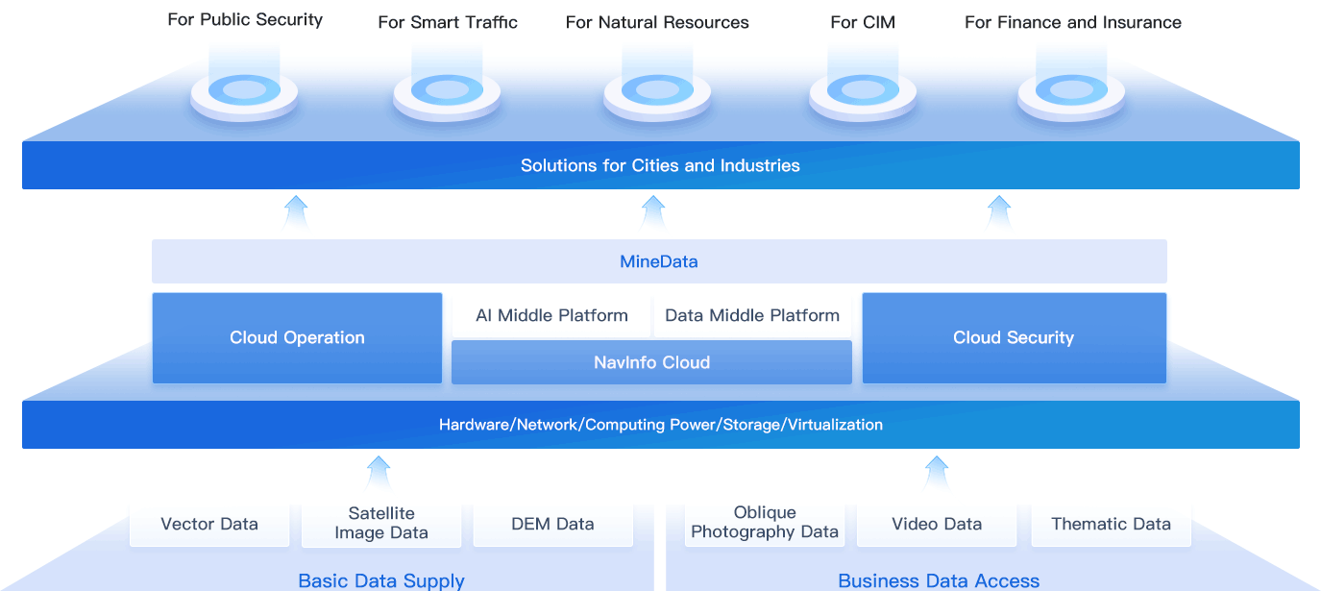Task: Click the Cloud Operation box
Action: pyautogui.click(x=297, y=337)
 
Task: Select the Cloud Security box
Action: pyautogui.click(x=1014, y=337)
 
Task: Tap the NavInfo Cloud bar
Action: pyautogui.click(x=651, y=362)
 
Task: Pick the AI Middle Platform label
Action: pyautogui.click(x=551, y=315)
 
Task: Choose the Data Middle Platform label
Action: pyautogui.click(x=752, y=315)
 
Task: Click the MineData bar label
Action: pyautogui.click(x=658, y=261)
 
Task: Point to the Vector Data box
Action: pyautogui.click(x=209, y=524)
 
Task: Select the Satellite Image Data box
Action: pyautogui.click(x=381, y=524)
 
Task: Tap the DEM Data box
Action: pyautogui.click(x=552, y=524)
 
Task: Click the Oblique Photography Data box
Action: pyautogui.click(x=765, y=523)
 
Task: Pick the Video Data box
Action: pyautogui.click(x=937, y=524)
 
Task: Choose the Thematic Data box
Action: pyautogui.click(x=1111, y=524)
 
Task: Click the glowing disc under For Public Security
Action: pyautogui.click(x=244, y=91)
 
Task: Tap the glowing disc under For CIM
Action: pyautogui.click(x=863, y=91)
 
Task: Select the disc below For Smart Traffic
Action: pyautogui.click(x=447, y=91)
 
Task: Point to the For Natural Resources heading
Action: pyautogui.click(x=657, y=22)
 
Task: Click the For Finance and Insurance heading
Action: pyautogui.click(x=1073, y=22)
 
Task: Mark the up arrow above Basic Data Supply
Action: pyautogui.click(x=379, y=472)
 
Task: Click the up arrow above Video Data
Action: pyautogui.click(x=937, y=472)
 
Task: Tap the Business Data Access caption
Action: pyautogui.click(x=939, y=580)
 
